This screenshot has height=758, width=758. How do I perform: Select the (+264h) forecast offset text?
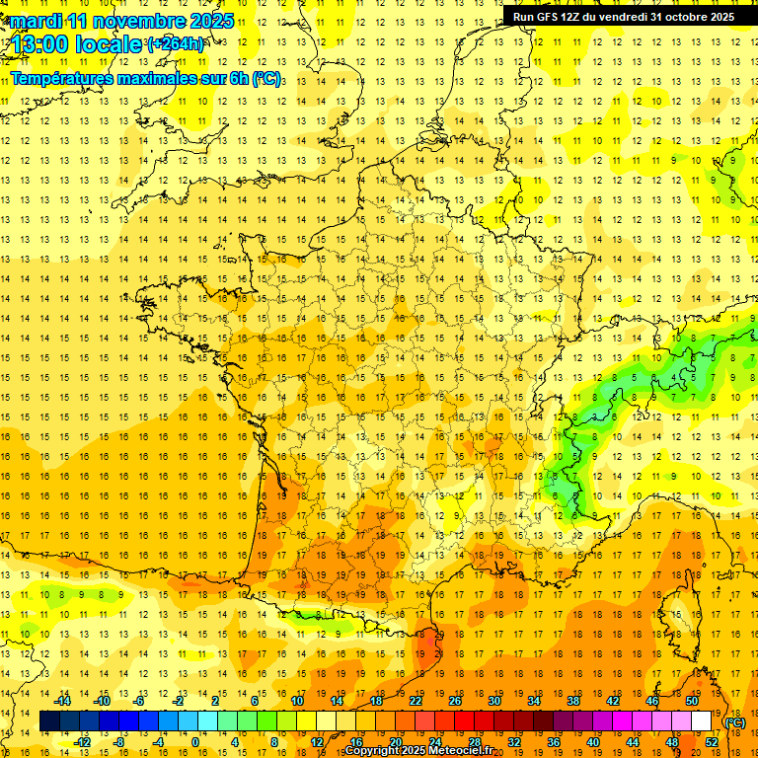176,44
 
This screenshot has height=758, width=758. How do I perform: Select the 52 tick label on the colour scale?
711,741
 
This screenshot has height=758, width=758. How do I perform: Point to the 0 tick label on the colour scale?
195,741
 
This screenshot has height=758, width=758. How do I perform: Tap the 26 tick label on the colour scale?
454,700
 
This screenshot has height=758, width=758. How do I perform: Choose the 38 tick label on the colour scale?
572,700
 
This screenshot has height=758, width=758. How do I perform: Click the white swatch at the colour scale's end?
701,721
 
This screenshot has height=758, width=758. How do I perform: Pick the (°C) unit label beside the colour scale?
734,721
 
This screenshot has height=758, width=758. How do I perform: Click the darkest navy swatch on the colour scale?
49,721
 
